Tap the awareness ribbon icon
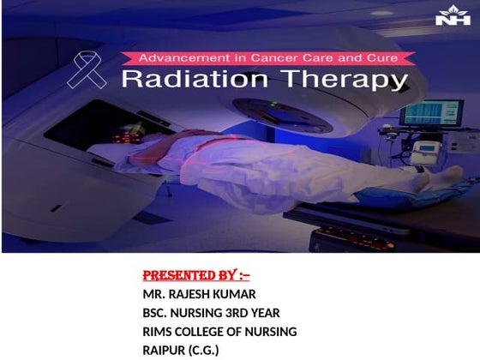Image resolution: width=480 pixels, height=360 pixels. tap(93, 69)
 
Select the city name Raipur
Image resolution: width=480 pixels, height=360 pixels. tap(166, 350)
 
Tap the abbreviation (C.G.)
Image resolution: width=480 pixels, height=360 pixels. tap(206, 350)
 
